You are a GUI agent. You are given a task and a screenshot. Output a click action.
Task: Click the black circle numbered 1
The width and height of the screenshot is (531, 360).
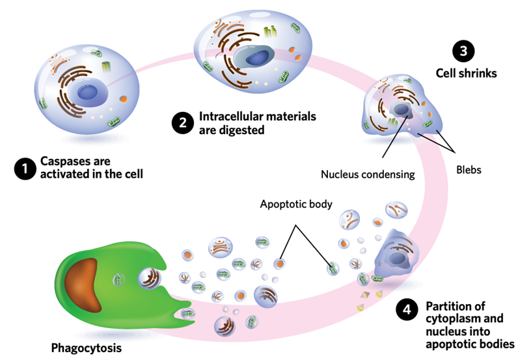pos(24,169)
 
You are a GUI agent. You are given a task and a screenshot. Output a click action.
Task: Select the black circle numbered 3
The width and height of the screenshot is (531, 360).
pos(463,51)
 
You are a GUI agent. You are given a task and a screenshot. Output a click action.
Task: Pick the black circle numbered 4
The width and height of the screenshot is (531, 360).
pos(406,310)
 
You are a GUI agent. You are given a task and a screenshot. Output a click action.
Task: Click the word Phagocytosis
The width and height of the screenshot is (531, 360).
pos(86,348)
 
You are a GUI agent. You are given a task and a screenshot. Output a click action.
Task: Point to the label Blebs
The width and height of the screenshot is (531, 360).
pos(469,171)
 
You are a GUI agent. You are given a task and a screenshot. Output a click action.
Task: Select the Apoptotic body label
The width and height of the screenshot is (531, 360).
pos(296,204)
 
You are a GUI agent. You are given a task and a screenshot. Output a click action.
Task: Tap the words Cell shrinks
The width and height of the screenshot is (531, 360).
pos(466,74)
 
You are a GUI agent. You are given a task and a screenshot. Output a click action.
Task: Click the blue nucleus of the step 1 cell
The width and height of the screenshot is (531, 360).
pos(88,93)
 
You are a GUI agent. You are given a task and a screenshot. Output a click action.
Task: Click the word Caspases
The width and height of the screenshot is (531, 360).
pos(64,161)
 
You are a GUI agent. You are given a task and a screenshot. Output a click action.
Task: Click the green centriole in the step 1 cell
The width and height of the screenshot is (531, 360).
pos(105,66)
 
